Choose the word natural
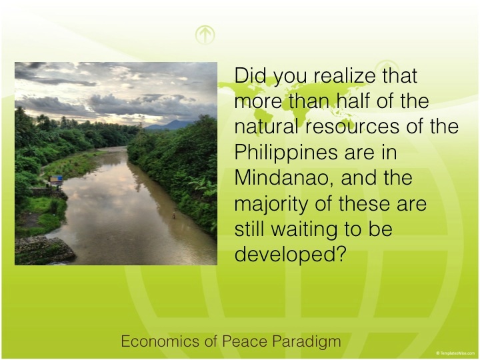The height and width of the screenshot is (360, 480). tap(267, 127)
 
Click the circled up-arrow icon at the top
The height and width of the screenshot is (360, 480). tap(205, 35)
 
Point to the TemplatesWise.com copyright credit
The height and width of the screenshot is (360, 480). tap(455, 353)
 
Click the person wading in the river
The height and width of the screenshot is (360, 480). tap(174, 215)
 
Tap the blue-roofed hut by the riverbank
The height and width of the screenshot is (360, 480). tap(56, 179)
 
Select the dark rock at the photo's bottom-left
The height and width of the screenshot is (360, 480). tap(43, 250)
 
